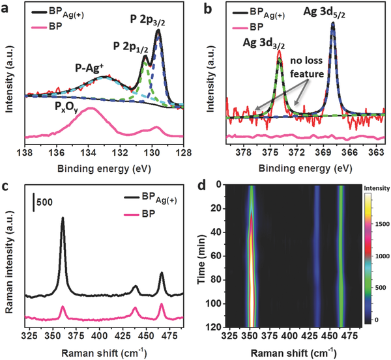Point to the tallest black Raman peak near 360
tap(63, 219)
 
